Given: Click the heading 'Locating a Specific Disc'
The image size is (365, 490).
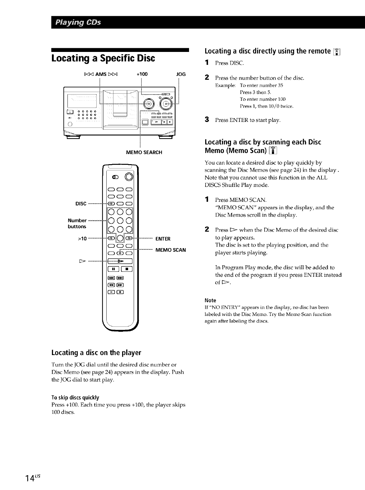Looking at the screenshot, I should click(103, 58).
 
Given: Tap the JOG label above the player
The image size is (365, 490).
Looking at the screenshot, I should click(181, 74).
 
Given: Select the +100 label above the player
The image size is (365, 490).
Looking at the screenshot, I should click(142, 74).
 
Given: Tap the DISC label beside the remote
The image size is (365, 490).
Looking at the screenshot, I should click(81, 204).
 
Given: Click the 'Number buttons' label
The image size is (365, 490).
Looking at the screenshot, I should click(77, 224).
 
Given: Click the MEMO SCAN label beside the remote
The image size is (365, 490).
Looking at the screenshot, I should click(170, 250).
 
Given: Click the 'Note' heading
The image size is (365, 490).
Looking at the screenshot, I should click(210, 300).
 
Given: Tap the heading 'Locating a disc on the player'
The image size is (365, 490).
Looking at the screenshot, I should click(96, 353).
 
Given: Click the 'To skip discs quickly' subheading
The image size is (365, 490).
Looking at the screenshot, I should click(75, 398).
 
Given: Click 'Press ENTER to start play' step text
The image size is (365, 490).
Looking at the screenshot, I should click(247, 120).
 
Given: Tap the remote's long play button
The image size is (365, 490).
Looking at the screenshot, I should click(120, 261).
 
